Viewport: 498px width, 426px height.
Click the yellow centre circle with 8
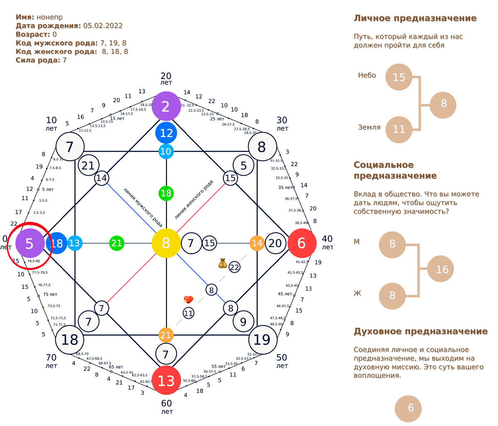(166, 243)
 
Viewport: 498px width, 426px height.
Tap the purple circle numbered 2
(166, 106)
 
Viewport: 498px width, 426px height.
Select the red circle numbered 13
(166, 380)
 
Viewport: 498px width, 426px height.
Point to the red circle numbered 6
(302, 243)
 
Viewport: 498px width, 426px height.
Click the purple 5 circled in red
(29, 243)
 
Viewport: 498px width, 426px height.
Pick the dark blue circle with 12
(166, 133)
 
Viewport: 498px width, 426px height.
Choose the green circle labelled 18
(166, 193)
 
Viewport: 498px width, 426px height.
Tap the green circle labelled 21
(117, 243)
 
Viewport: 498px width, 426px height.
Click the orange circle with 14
(257, 243)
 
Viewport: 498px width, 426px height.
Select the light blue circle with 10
(166, 152)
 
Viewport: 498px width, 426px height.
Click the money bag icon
(222, 263)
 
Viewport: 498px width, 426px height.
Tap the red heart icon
(188, 300)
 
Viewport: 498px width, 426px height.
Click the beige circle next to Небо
(399, 77)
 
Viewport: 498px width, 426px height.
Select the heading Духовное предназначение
(420, 331)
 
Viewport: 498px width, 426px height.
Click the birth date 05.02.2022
(103, 25)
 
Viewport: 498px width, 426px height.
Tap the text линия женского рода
(194, 199)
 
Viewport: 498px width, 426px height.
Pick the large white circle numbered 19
(262, 340)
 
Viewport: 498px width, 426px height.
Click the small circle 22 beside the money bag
(234, 267)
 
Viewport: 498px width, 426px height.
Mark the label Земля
(369, 127)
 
